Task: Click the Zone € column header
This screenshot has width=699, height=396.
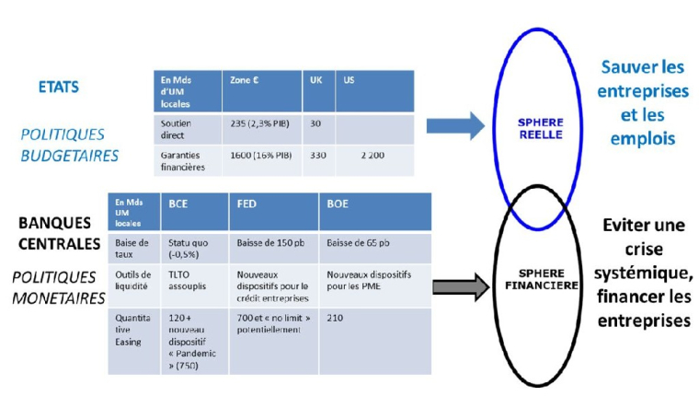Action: pos(245,80)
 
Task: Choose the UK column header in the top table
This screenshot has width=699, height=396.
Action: pos(315,80)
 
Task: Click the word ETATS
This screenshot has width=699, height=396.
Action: pos(58,87)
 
